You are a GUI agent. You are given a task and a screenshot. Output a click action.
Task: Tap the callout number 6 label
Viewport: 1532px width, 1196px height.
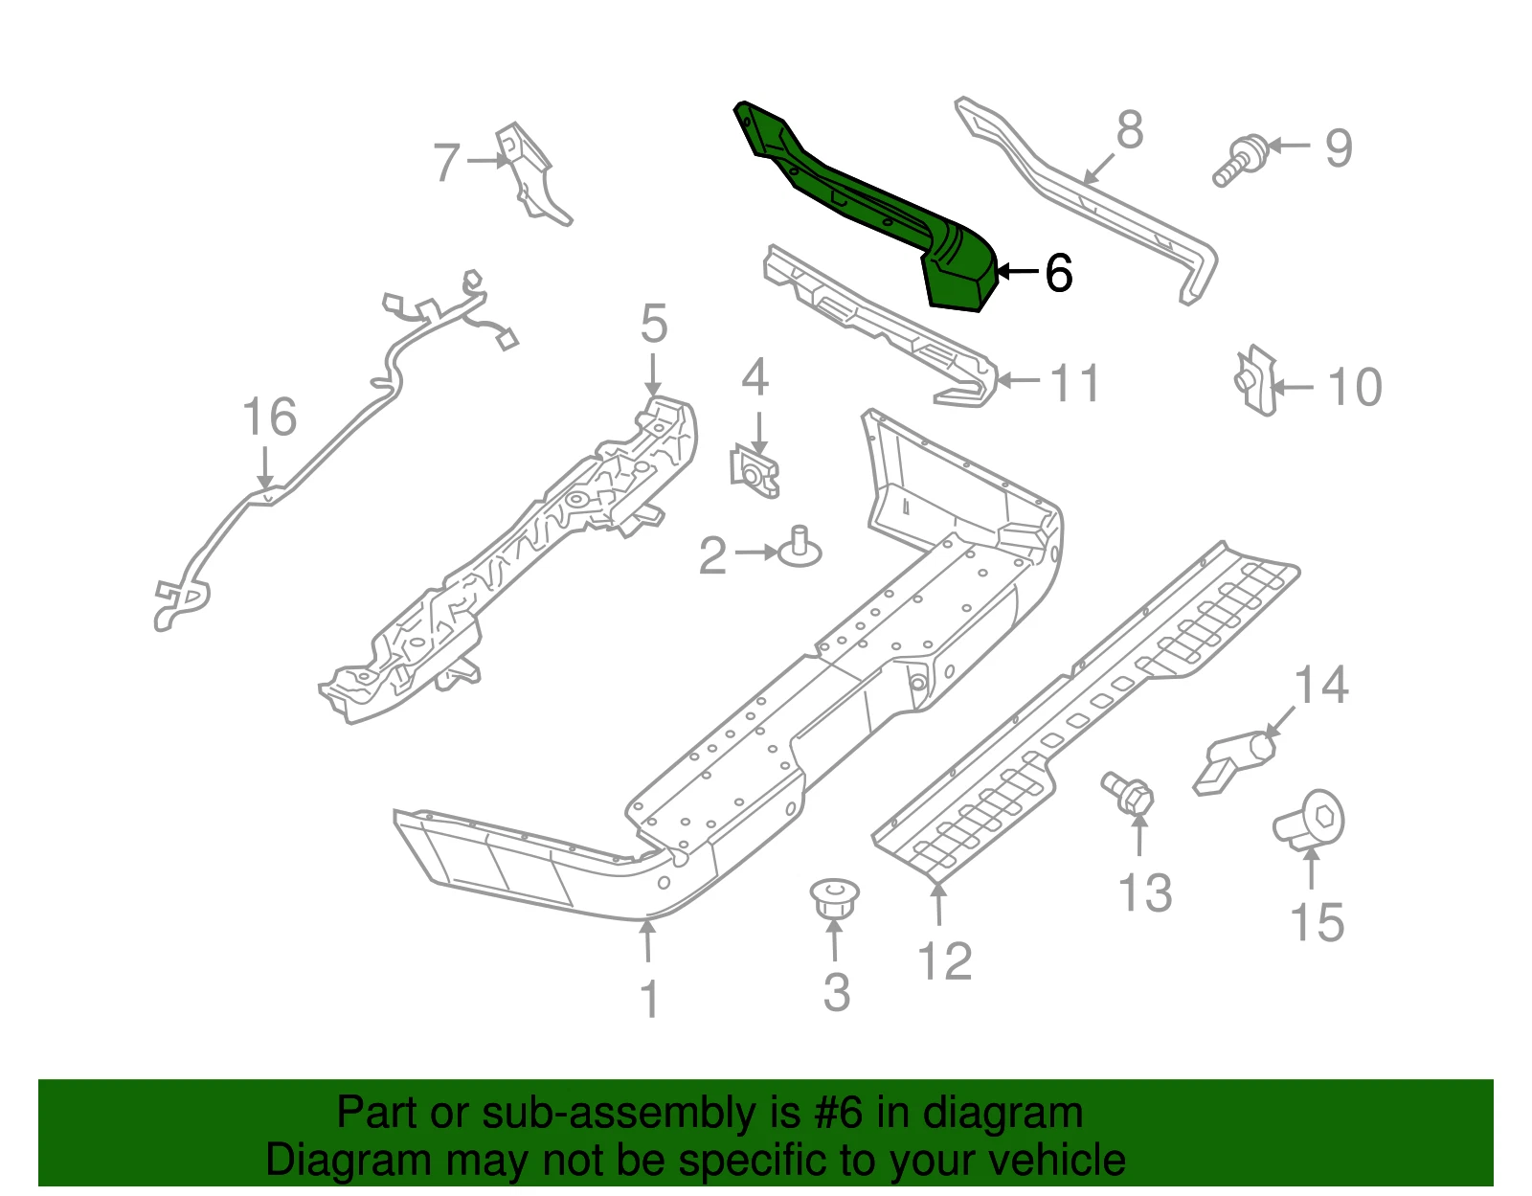[1058, 274]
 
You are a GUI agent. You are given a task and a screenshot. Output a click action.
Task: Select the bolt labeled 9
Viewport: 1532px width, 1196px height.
[1239, 162]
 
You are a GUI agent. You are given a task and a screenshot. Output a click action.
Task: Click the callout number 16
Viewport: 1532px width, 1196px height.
[269, 417]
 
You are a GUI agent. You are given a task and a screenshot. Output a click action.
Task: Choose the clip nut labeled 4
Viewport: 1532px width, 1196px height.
[755, 471]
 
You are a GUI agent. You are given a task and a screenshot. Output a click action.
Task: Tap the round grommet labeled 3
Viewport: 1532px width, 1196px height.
[835, 898]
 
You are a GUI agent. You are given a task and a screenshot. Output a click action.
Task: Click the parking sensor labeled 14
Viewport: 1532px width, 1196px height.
[1234, 763]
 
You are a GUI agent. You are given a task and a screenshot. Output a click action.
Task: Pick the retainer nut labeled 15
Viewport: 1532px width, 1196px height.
[1310, 821]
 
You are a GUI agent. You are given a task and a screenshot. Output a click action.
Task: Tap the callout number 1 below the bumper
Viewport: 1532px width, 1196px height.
[649, 999]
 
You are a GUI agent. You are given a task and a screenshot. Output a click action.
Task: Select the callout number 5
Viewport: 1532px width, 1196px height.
[654, 324]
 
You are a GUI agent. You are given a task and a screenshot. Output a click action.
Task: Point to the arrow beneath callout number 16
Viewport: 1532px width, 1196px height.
[265, 467]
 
